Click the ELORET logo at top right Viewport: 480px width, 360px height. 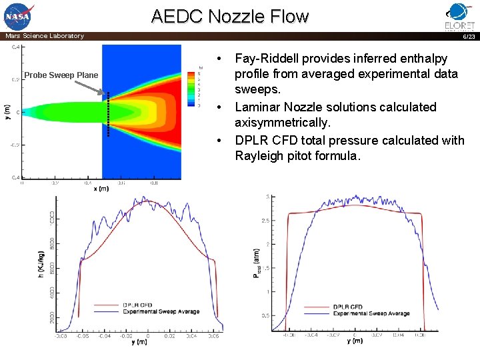(x=459, y=16)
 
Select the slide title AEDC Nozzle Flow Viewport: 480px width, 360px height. (x=230, y=16)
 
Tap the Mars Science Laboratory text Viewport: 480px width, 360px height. (x=45, y=36)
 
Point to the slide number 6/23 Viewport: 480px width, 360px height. (x=469, y=37)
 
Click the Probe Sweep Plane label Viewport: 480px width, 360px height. (x=61, y=75)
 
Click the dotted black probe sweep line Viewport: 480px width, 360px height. (x=108, y=113)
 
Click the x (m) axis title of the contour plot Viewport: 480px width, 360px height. (x=101, y=189)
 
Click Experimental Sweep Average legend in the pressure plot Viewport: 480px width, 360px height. (x=371, y=313)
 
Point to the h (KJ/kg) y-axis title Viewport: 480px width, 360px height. (x=42, y=264)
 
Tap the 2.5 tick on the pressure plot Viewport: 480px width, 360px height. (x=265, y=220)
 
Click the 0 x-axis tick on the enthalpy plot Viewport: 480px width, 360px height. (x=148, y=337)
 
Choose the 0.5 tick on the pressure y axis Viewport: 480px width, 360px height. (x=265, y=315)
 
